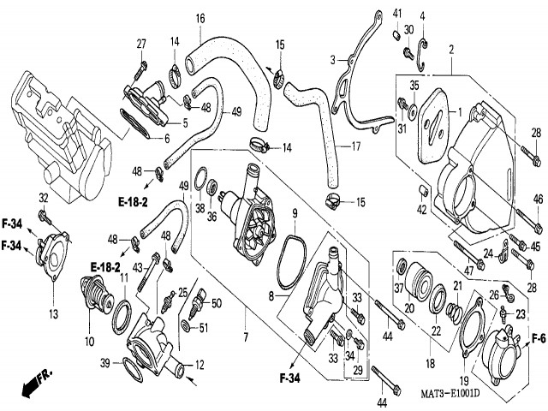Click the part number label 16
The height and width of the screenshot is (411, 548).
(200, 18)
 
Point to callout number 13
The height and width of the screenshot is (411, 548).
(53, 314)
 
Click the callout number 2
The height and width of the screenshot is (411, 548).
(450, 51)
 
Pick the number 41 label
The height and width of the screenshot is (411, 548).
(397, 12)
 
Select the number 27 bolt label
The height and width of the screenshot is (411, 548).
(141, 43)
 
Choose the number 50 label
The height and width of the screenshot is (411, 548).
(216, 303)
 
